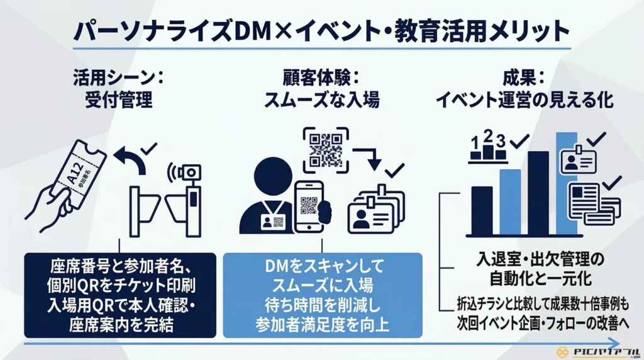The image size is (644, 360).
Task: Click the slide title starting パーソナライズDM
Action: [321, 30]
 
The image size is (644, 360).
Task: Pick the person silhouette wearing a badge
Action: [267, 198]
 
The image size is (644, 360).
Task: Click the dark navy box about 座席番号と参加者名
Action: [119, 295]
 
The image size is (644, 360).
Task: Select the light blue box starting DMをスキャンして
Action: [323, 295]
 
